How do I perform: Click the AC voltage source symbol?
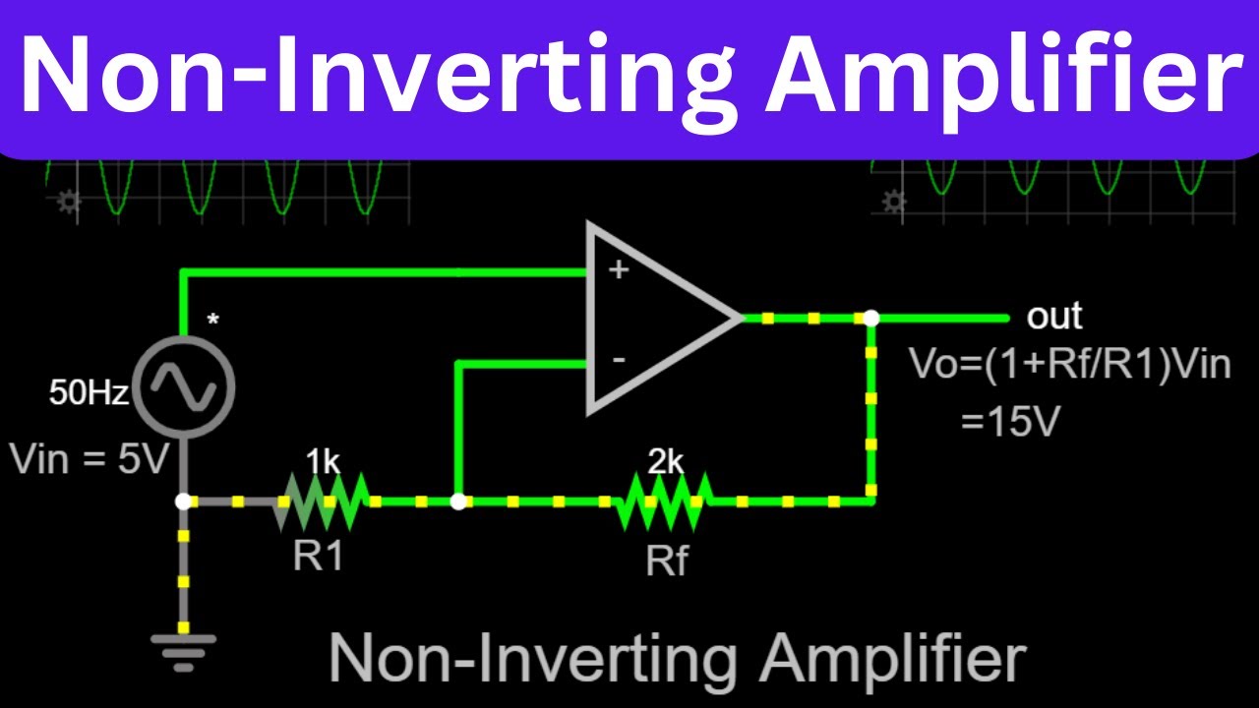[183, 385]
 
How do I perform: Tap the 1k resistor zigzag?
[325, 501]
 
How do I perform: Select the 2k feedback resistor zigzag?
[664, 501]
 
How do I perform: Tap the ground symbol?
[183, 649]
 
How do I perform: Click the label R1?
[319, 558]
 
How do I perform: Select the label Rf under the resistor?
[668, 561]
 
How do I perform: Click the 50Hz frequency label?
[90, 395]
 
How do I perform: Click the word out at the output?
[1054, 317]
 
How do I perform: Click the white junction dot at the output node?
[871, 319]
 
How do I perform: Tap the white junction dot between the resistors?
[457, 501]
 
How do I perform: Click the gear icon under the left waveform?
[68, 203]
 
